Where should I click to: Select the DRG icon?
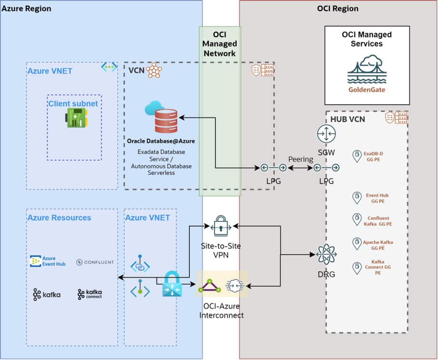pyautogui.click(x=326, y=254)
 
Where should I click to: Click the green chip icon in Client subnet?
pyautogui.click(x=76, y=118)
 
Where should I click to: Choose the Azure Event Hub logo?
pyautogui.click(x=48, y=261)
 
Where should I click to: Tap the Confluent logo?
pyautogui.click(x=95, y=262)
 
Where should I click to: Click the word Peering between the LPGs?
pyautogui.click(x=301, y=159)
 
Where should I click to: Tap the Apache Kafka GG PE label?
pyautogui.click(x=378, y=245)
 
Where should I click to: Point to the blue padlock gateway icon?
pyautogui.click(x=170, y=285)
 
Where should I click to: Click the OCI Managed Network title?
pyautogui.click(x=220, y=44)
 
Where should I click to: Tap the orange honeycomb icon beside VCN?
pyautogui.click(x=154, y=70)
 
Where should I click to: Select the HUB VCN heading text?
pyautogui.click(x=348, y=119)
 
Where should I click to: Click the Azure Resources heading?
pyautogui.click(x=59, y=218)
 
